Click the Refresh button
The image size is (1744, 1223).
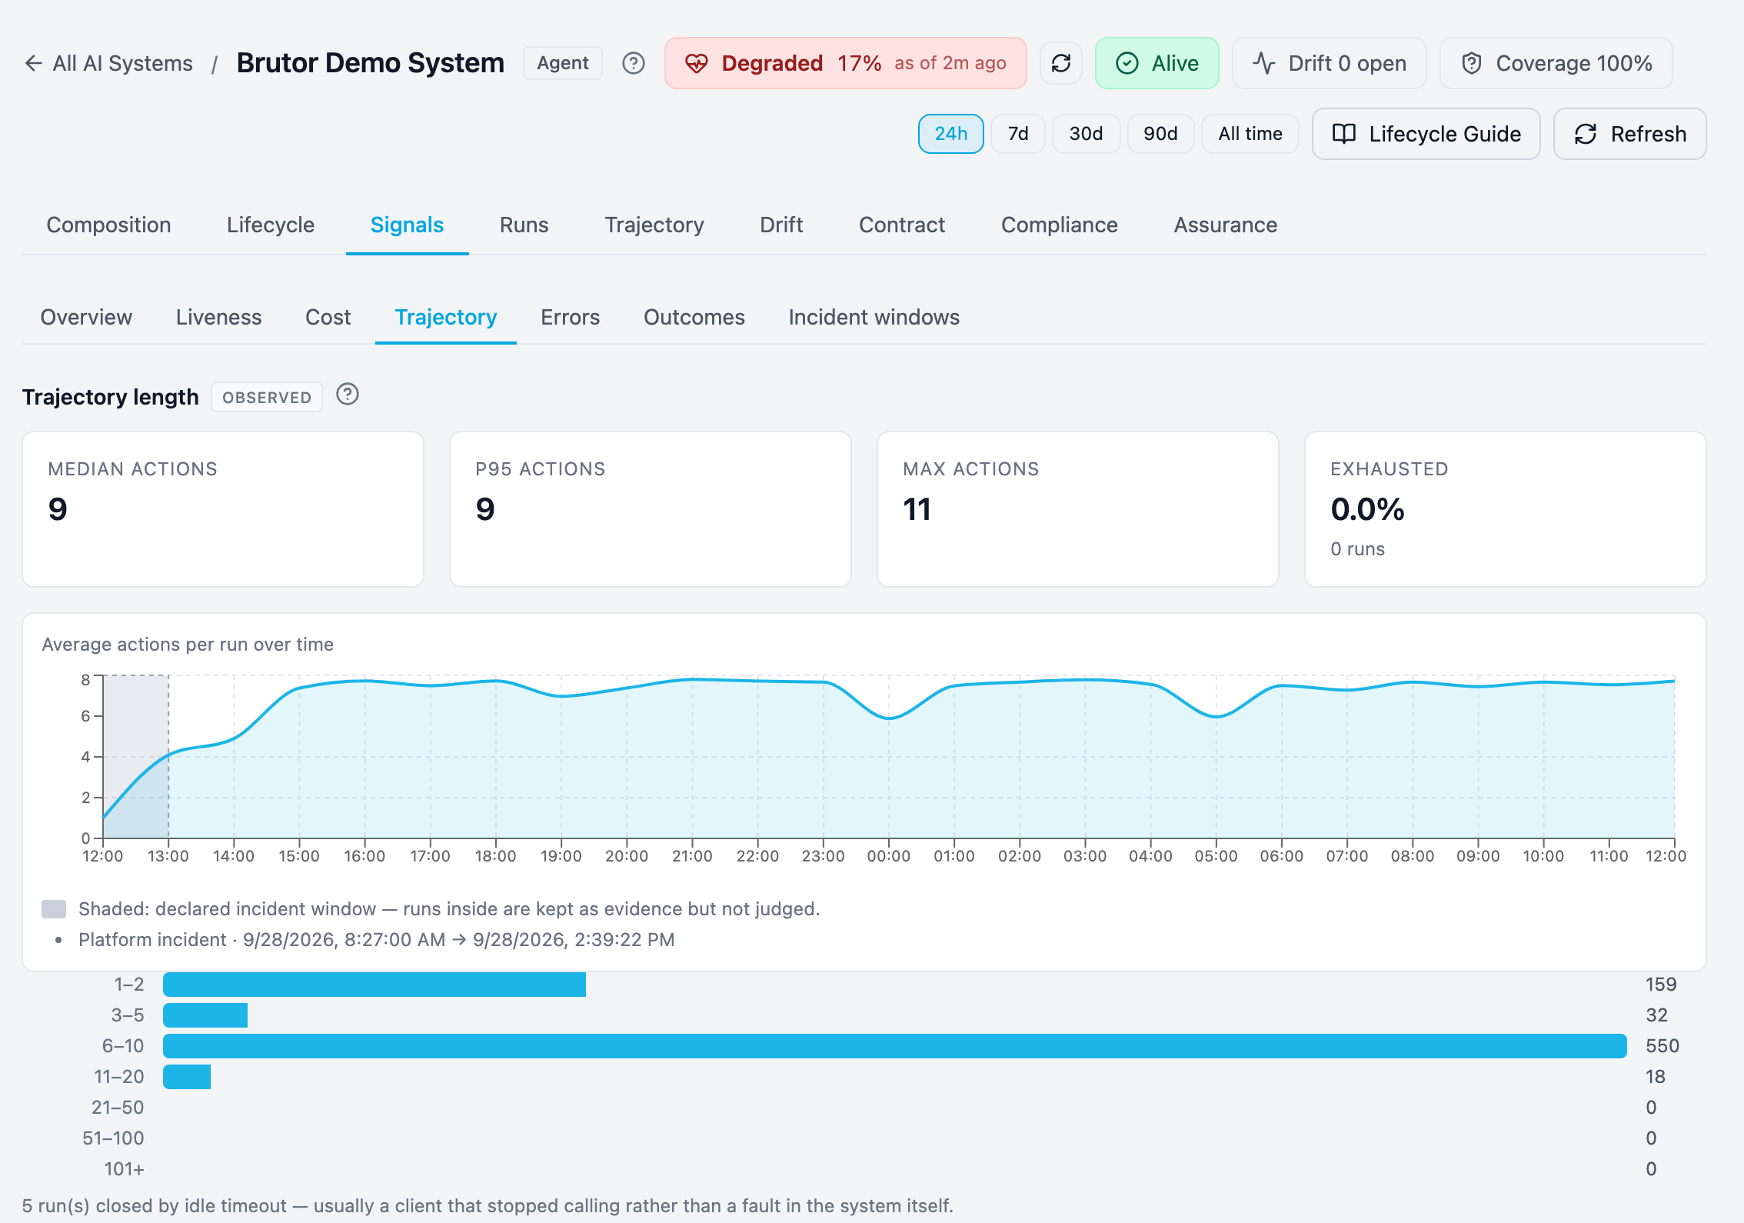1629,134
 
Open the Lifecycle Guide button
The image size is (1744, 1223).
1426,134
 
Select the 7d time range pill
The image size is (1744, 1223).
1018,134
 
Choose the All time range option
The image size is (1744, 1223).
1250,134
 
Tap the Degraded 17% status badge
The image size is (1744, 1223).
846,63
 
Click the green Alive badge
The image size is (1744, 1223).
1157,63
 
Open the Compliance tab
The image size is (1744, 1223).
1060,225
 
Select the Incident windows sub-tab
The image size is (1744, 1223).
874,317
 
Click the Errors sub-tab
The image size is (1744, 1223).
571,317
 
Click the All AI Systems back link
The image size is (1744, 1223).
109,63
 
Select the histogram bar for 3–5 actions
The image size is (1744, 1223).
205,1015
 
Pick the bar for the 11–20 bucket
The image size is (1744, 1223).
187,1077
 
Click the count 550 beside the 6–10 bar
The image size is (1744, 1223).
1662,1046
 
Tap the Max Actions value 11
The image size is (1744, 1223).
917,509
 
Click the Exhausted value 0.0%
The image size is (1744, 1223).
1368,509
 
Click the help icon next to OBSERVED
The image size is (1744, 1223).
348,395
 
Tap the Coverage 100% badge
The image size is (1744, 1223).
1556,63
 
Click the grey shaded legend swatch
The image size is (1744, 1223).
54,909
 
